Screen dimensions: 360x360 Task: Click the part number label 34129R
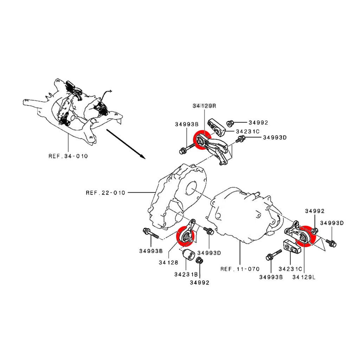(204, 106)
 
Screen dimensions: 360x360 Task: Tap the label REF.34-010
(68, 156)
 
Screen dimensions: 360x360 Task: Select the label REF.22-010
(105, 193)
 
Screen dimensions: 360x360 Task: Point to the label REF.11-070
(240, 269)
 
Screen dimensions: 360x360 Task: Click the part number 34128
(168, 262)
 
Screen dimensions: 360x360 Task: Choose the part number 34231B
(186, 274)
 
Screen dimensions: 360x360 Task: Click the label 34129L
(304, 277)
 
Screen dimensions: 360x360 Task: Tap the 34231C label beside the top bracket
(248, 131)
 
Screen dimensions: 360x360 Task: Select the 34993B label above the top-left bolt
(187, 124)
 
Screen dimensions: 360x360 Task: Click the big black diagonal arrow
(126, 144)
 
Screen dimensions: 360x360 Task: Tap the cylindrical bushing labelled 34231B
(188, 255)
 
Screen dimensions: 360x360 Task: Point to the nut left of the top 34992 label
(230, 123)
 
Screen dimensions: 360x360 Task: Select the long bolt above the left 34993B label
(151, 233)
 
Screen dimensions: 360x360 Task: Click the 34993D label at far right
(332, 223)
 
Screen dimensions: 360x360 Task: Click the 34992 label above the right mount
(315, 211)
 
